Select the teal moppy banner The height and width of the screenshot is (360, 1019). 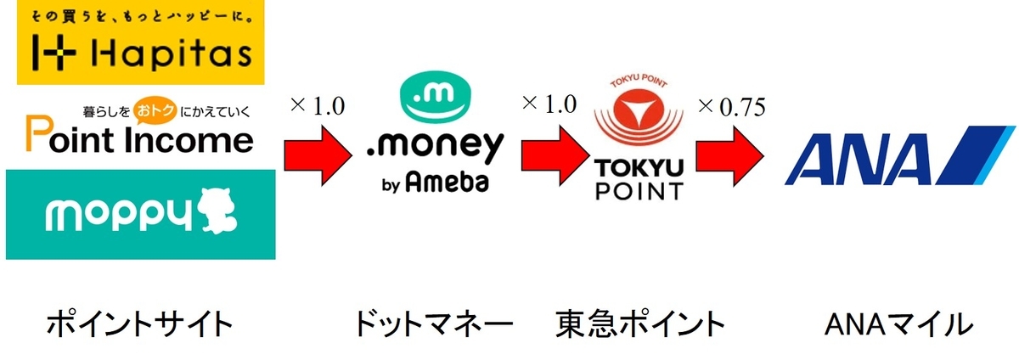[x=140, y=214]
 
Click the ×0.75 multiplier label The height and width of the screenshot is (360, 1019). [x=732, y=107]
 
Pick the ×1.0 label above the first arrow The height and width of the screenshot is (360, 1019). [x=318, y=107]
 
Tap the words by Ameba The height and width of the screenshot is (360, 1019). [x=436, y=183]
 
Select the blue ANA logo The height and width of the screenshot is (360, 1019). [x=898, y=152]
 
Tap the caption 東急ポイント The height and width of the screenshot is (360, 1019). [x=641, y=323]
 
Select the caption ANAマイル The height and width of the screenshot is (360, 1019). [x=898, y=323]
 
